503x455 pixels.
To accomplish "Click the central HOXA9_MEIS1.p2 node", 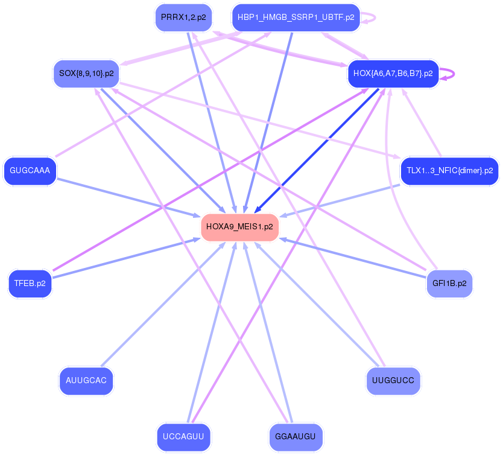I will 239,227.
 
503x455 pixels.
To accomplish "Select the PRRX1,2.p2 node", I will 183,17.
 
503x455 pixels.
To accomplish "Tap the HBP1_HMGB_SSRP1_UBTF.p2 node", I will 296,17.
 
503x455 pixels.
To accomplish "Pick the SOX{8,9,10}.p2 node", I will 86,74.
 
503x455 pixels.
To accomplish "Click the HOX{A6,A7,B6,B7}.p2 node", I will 393,74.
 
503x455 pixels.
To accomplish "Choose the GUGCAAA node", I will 30,171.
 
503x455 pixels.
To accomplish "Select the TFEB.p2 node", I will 30,283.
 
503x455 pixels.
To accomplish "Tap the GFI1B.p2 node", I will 449,283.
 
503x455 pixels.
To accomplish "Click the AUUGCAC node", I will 86,381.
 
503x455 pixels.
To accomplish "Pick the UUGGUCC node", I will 393,381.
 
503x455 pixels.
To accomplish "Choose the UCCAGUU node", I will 183,436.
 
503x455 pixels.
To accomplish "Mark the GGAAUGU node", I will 296,436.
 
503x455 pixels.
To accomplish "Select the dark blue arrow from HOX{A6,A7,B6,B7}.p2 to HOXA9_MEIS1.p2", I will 317,150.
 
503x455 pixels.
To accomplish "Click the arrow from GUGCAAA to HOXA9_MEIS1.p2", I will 130,197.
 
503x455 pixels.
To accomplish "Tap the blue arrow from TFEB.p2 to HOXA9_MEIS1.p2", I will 127,259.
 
